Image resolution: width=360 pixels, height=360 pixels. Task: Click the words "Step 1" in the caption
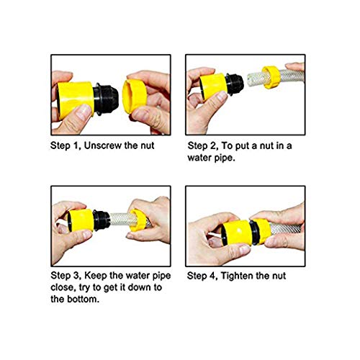tap(65, 145)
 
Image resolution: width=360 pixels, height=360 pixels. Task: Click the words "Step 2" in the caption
tap(203, 145)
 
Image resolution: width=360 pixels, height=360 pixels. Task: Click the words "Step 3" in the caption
tap(65, 275)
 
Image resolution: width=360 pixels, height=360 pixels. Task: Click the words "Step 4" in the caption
tap(203, 275)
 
